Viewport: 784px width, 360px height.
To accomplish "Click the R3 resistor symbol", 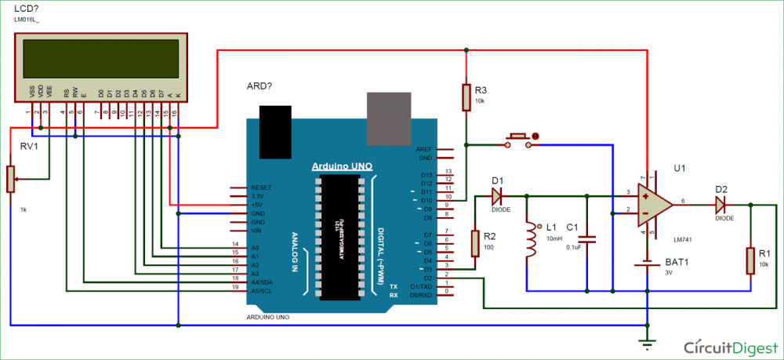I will coord(466,96).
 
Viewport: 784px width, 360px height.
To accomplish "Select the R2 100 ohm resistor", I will coord(475,244).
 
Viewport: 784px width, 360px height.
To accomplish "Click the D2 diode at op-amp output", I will coord(720,204).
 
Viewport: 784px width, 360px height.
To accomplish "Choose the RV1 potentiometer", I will coord(11,179).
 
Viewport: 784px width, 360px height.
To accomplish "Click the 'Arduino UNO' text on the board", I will coord(342,166).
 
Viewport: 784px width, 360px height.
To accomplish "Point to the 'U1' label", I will coord(680,168).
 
